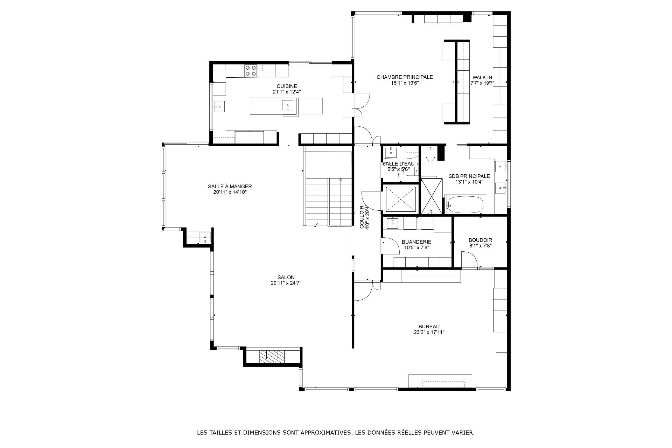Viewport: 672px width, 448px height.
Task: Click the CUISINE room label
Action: [287, 86]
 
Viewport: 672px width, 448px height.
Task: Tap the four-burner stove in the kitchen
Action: [251, 71]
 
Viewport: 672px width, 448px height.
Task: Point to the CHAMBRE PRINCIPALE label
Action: [405, 77]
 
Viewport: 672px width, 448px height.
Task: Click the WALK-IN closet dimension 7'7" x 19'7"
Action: [482, 83]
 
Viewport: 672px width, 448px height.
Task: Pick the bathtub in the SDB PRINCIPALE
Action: [465, 205]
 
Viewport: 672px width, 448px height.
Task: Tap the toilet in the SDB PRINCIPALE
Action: [430, 154]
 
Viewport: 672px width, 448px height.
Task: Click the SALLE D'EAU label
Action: [398, 164]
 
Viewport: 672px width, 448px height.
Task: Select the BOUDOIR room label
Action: [480, 240]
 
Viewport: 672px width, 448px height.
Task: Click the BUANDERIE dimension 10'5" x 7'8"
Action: [416, 247]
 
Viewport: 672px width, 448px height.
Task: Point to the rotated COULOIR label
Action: [362, 217]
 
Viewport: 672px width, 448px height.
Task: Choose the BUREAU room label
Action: [429, 327]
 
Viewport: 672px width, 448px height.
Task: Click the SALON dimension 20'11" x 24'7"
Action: [286, 283]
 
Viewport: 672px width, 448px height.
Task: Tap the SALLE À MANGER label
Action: [230, 187]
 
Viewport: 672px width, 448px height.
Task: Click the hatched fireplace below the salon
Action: [273, 356]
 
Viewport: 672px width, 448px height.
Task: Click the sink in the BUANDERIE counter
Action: [392, 222]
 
